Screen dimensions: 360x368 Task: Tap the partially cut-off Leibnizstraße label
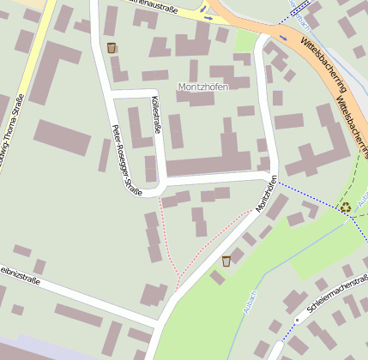(16, 270)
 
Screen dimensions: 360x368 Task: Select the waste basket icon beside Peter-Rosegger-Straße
(112, 47)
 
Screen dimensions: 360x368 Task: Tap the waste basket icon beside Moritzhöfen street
(226, 261)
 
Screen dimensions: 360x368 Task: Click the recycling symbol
(346, 207)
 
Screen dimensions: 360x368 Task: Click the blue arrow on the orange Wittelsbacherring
(284, 38)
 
